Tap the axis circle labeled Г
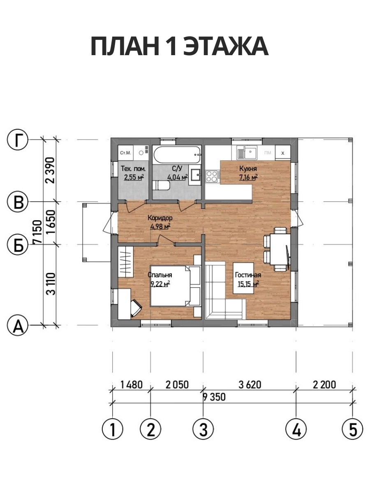pos(17,140)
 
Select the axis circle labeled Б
pos(17,244)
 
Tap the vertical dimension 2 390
pos(50,170)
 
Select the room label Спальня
pos(160,275)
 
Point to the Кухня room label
pos(248,168)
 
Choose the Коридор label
pos(160,218)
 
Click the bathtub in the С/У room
pos(177,155)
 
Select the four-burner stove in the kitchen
pos(212,176)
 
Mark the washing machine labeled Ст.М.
pos(125,153)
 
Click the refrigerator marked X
pos(283,153)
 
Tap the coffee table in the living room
pos(243,278)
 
